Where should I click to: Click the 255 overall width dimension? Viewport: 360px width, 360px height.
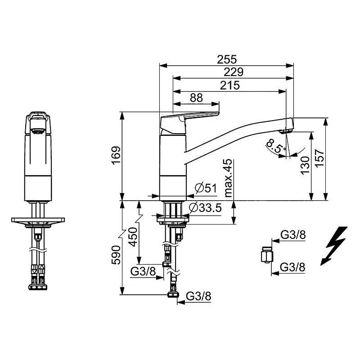click(227, 60)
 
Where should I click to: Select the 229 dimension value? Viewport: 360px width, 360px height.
click(233, 72)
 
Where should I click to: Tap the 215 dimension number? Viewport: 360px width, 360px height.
click(230, 85)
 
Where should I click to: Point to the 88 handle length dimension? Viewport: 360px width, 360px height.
click(196, 98)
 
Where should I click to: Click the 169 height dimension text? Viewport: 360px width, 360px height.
click(117, 155)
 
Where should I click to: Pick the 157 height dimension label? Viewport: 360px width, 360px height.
click(319, 159)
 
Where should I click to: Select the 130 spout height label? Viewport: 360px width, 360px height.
click(305, 166)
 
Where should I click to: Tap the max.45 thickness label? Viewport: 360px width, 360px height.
click(228, 178)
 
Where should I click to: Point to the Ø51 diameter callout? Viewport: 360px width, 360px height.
click(206, 188)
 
